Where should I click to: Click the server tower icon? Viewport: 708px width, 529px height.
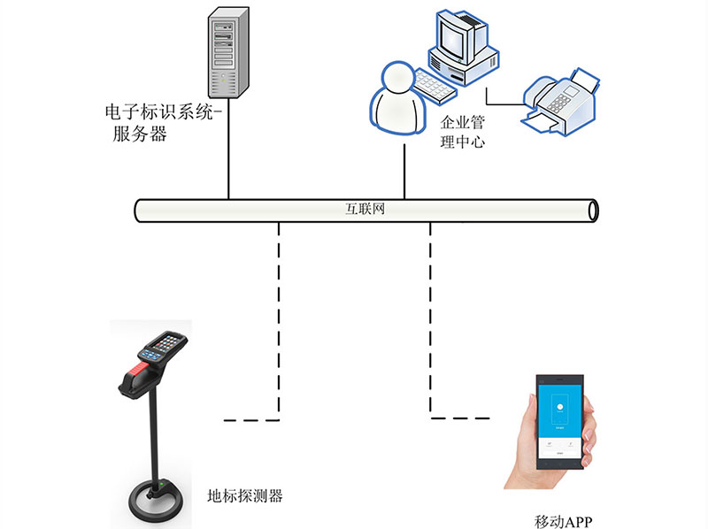[227, 54]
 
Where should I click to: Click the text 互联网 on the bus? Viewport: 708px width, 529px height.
[364, 211]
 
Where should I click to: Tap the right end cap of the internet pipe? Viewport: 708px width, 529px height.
[593, 211]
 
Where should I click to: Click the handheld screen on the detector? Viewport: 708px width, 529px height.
[165, 341]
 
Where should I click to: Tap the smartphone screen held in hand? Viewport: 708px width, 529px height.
[560, 416]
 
